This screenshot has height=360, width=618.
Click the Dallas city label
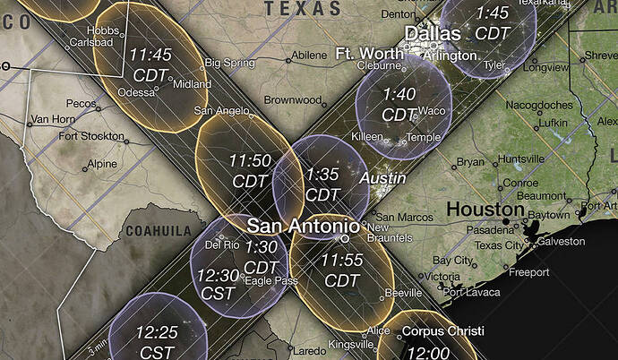(433, 34)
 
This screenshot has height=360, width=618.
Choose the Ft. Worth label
(369, 54)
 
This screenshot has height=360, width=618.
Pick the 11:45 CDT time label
(150, 64)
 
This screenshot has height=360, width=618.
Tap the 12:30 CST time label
(217, 284)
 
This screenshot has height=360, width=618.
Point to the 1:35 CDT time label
(322, 184)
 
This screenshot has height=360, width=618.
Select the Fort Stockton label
(90, 136)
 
